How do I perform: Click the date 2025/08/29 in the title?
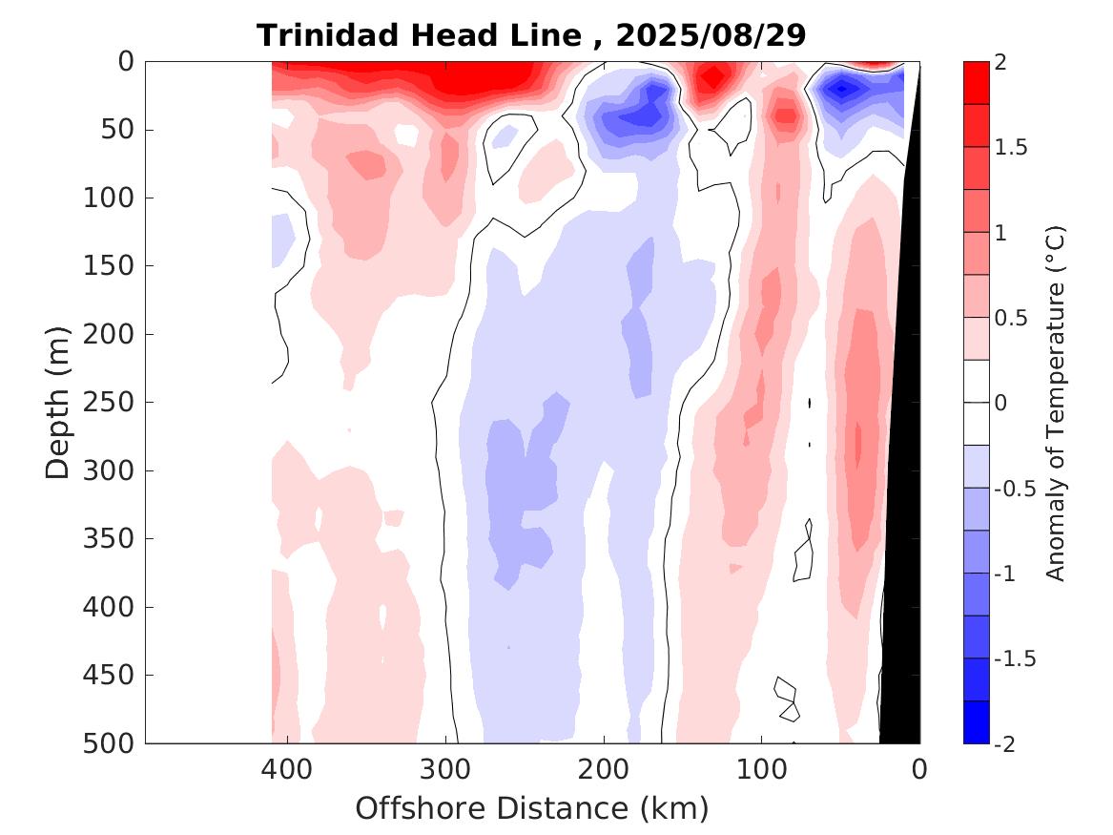711,36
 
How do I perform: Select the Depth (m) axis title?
58,402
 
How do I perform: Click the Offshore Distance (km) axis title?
532,808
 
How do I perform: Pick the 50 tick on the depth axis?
122,130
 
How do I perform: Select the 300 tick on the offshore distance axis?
445,768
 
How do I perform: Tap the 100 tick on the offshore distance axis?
761,768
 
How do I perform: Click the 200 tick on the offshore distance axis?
604,768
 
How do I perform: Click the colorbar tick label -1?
1010,574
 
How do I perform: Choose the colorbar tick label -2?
1010,743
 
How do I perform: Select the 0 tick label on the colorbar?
1000,403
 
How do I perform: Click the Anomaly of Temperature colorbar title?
1055,402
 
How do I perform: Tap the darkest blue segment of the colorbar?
976,721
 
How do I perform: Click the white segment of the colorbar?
976,402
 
